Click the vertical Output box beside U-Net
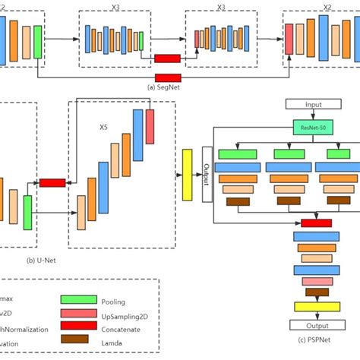[x=207, y=175]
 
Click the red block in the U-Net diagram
[x=52, y=183]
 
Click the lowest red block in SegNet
[x=167, y=77]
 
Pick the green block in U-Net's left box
[x=27, y=212]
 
